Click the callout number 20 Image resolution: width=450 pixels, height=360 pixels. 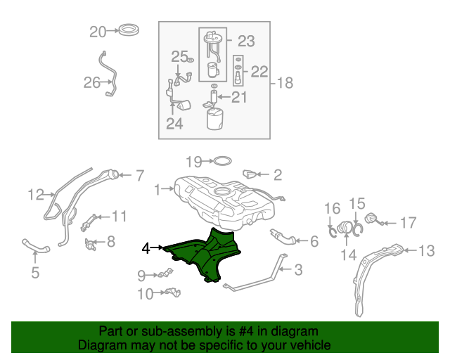pos(97,31)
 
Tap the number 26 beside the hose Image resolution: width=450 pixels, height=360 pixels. pos(92,83)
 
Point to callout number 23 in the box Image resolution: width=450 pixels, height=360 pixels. pos(245,41)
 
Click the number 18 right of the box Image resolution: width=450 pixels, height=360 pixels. pos(285,83)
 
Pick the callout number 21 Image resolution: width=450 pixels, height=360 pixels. pos(239,97)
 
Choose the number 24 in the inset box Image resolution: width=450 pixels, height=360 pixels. pos(174,124)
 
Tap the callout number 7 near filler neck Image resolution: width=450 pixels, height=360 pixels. pos(139,175)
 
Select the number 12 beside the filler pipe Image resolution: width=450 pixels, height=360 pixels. pos(37,194)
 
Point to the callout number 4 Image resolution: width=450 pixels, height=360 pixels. pos(146,247)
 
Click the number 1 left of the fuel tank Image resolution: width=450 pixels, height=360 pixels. pos(157,188)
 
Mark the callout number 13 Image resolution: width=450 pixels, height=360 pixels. pos(427,250)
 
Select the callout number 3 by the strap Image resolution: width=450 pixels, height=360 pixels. pos(298,269)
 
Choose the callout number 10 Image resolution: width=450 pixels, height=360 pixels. pos(145,294)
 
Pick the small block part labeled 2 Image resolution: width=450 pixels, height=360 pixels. pos(250,173)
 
